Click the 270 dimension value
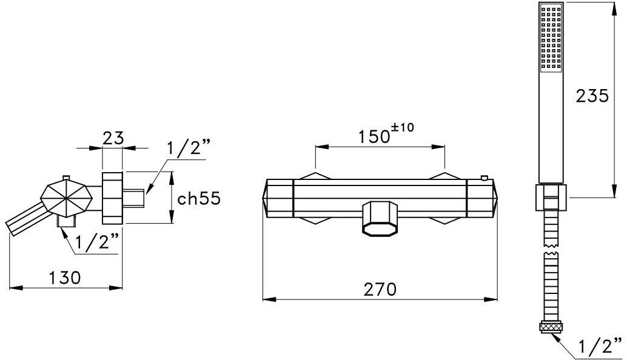click(380, 289)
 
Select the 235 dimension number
click(592, 96)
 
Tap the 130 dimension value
click(64, 278)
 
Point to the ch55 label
click(199, 199)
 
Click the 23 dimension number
click(113, 138)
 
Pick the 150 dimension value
click(374, 136)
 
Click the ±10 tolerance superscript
click(403, 128)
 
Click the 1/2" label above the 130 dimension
click(97, 242)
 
